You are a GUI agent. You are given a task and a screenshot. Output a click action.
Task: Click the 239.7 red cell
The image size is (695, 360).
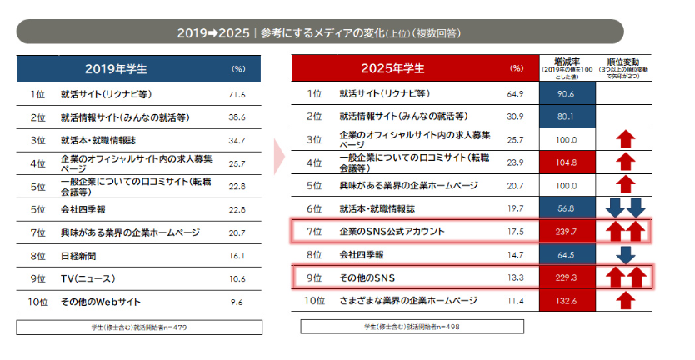567,230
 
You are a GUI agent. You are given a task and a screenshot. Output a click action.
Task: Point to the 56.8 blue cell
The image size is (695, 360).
567,207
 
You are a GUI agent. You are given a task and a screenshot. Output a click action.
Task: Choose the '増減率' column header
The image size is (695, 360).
567,61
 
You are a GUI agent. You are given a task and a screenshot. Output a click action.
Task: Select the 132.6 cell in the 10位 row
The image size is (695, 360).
567,300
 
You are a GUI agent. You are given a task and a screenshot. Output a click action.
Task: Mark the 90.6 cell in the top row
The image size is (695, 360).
567,94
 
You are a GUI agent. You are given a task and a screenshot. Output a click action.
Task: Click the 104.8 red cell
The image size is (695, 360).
567,162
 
